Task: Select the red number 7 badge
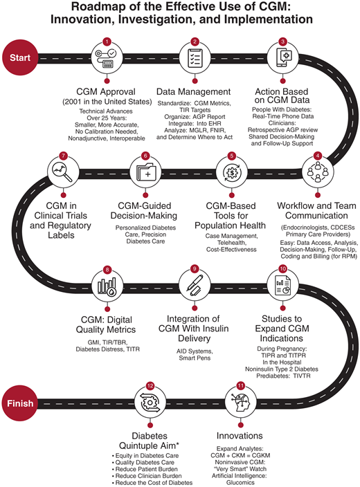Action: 64,156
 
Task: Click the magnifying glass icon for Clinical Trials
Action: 64,169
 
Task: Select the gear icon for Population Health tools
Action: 235,169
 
